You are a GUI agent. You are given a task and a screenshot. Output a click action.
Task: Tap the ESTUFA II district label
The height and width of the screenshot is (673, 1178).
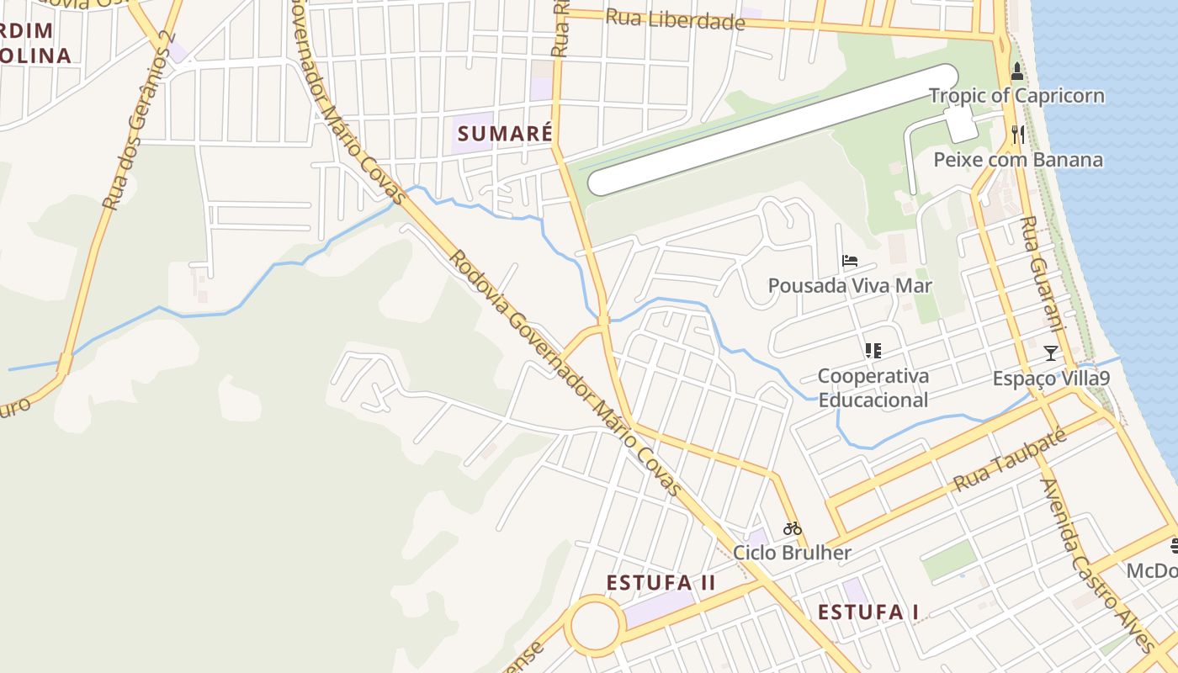pyautogui.click(x=661, y=582)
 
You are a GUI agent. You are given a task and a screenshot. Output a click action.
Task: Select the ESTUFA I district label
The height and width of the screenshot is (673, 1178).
pyautogui.click(x=868, y=612)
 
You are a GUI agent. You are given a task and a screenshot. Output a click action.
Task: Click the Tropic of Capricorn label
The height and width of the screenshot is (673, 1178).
pyautogui.click(x=1016, y=95)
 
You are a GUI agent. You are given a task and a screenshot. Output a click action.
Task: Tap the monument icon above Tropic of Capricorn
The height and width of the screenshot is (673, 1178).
pyautogui.click(x=1016, y=72)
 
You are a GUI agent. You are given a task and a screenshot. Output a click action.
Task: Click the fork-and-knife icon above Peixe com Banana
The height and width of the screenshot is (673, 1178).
pyautogui.click(x=1017, y=133)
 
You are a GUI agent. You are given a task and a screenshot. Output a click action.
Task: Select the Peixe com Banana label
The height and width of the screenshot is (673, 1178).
pyautogui.click(x=1018, y=160)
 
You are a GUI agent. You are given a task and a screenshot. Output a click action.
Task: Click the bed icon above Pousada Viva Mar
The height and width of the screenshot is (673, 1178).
pyautogui.click(x=850, y=261)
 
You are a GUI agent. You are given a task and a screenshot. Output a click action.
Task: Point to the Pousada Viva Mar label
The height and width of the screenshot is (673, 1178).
pyautogui.click(x=850, y=286)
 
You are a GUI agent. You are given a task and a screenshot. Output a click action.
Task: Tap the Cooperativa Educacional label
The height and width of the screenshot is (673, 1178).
pyautogui.click(x=873, y=388)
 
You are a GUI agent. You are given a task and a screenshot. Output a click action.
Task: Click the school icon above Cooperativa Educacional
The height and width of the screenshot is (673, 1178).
pyautogui.click(x=873, y=350)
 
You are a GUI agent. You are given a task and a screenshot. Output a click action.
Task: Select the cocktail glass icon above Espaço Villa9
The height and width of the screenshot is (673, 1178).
pyautogui.click(x=1050, y=352)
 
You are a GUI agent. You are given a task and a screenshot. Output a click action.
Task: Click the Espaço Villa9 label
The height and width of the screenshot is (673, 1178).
pyautogui.click(x=1051, y=379)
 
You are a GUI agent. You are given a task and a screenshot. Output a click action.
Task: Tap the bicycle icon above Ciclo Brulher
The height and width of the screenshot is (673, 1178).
pyautogui.click(x=792, y=528)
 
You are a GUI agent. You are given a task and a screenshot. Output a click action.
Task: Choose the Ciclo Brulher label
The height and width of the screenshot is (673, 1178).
pyautogui.click(x=792, y=553)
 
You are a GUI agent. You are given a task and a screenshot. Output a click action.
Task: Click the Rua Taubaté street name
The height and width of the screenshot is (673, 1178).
pyautogui.click(x=1010, y=461)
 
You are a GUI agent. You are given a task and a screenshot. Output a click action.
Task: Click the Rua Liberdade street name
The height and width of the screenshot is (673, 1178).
pyautogui.click(x=675, y=19)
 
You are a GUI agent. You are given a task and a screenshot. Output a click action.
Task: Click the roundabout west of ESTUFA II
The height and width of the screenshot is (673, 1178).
pyautogui.click(x=595, y=626)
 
